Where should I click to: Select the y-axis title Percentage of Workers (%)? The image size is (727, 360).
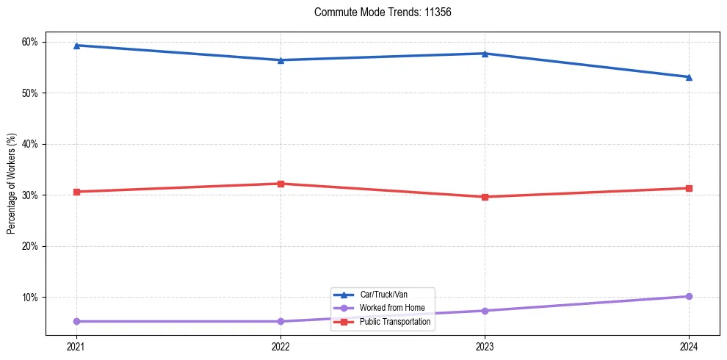(x=12, y=184)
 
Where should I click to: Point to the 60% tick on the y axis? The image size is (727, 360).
(x=29, y=42)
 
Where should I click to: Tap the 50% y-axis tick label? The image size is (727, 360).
(x=29, y=93)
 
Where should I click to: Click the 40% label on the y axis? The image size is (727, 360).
(x=29, y=144)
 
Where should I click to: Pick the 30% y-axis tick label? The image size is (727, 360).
(x=29, y=195)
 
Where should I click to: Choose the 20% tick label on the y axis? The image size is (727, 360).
(x=29, y=246)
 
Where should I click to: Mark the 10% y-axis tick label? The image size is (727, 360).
(x=29, y=298)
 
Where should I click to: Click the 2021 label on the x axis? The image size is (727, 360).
(x=76, y=345)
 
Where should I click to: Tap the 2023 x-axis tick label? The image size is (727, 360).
(x=485, y=345)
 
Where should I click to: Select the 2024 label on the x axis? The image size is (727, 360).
(x=689, y=345)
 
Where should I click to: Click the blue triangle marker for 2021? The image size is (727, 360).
(x=76, y=46)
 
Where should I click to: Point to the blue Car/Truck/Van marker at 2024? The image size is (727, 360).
(x=689, y=77)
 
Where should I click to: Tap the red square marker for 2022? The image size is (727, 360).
(x=281, y=184)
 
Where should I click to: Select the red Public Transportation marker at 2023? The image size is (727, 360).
(x=485, y=197)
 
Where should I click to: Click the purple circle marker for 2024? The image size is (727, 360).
(x=689, y=297)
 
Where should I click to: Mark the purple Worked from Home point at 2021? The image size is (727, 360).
(x=76, y=321)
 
